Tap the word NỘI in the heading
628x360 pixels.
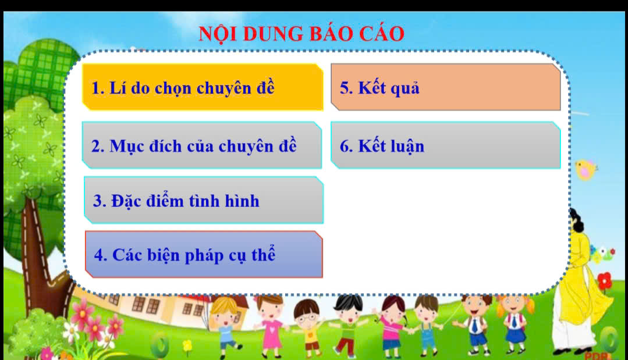coord(218,34)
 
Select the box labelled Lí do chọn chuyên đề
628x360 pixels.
coord(203,87)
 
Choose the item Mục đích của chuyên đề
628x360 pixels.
coord(202,145)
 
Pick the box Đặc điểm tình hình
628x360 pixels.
coord(204,200)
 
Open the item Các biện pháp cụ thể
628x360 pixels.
coord(204,254)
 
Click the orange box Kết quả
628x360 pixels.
coord(445,87)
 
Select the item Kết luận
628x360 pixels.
coord(445,145)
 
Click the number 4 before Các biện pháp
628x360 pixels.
coord(99,255)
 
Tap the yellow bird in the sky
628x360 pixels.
coord(586,170)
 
